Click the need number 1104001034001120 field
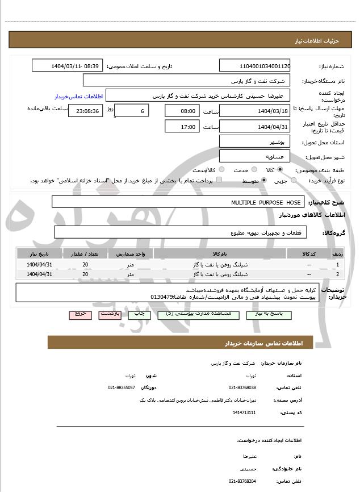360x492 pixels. [255, 66]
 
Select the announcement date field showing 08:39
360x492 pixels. [68, 66]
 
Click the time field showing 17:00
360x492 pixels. [181, 127]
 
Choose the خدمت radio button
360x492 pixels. [237, 170]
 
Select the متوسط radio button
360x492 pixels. [263, 180]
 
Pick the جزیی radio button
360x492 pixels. [294, 180]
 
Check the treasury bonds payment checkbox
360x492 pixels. [219, 180]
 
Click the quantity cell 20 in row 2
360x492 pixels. [85, 274]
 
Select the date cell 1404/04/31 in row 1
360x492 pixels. [40, 265]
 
